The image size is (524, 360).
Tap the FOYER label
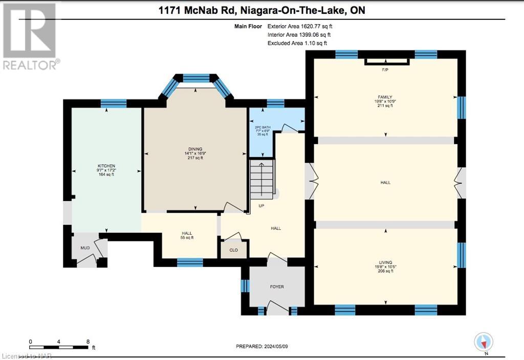[276, 287]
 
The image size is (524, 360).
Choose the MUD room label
[84, 247]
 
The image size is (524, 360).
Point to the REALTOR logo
[31, 36]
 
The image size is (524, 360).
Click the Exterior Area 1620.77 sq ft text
[303, 26]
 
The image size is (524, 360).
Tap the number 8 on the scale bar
[88, 341]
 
